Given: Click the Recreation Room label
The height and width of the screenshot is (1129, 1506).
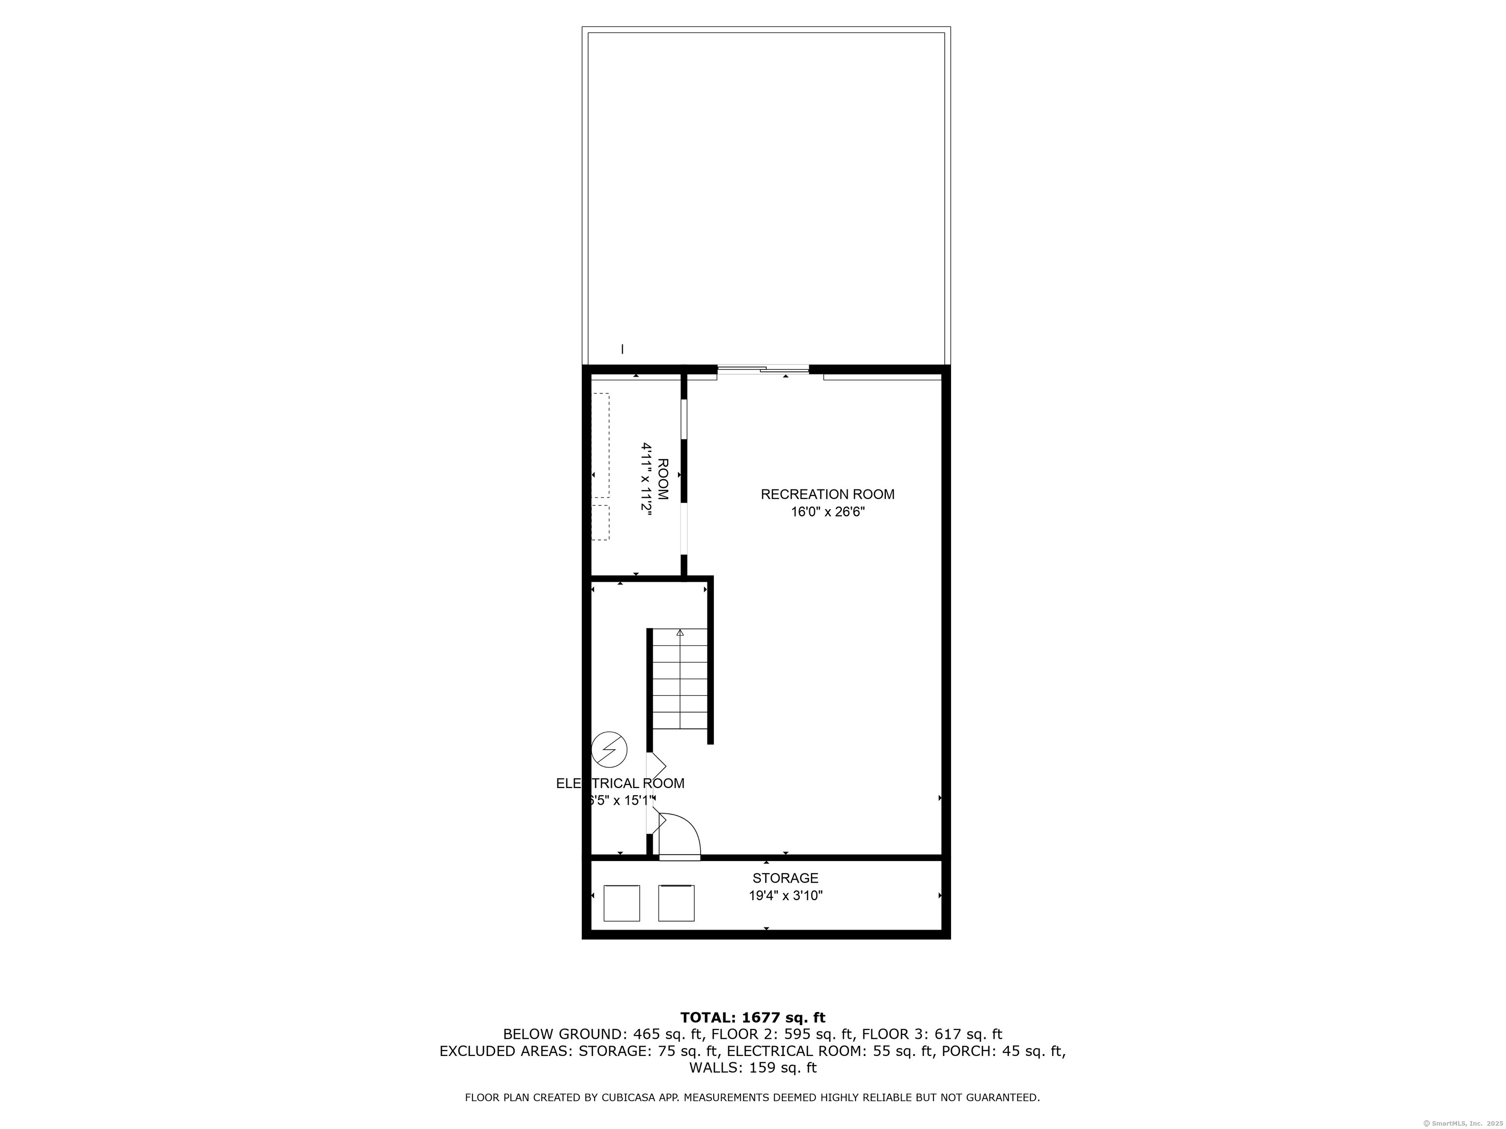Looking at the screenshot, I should [x=827, y=494].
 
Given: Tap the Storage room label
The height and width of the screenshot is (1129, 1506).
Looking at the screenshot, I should [x=785, y=879].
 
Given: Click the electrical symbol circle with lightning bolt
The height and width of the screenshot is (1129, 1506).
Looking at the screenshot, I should [x=609, y=749].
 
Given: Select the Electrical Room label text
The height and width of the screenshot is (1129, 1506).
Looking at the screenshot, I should [x=620, y=783].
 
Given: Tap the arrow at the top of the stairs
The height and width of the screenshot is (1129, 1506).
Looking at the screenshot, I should [x=680, y=632].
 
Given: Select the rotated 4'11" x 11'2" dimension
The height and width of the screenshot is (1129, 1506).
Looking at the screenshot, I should [x=646, y=479].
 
